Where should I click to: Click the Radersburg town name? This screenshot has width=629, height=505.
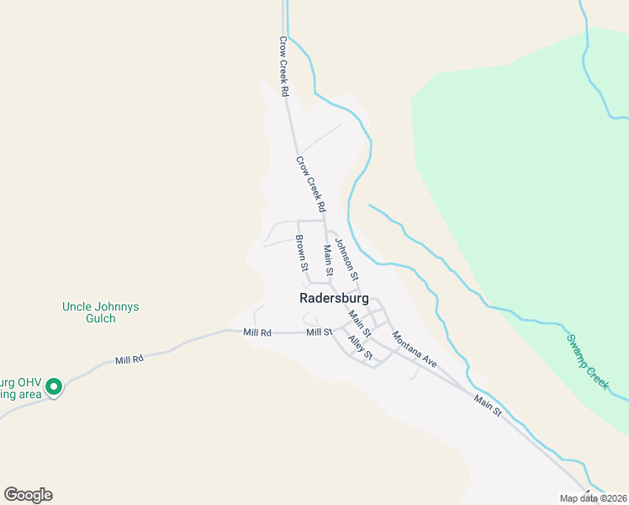click(x=334, y=298)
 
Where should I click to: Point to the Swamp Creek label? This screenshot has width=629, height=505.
click(x=586, y=360)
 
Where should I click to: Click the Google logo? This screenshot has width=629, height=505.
click(x=29, y=495)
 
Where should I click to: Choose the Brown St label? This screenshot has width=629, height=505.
click(x=301, y=252)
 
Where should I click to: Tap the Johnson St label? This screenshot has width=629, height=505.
click(x=346, y=258)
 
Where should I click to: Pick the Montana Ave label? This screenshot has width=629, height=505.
click(x=415, y=348)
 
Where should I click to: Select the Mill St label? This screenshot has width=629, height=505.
click(x=320, y=332)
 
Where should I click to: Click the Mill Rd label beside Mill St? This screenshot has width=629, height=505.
click(x=257, y=332)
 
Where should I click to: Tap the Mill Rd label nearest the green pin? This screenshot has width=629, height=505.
click(x=129, y=360)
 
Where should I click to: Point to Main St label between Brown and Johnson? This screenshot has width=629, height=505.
click(x=328, y=260)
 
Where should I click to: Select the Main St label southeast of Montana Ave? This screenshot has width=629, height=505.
click(x=487, y=406)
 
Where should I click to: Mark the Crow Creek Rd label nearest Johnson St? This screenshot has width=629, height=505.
click(x=309, y=183)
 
